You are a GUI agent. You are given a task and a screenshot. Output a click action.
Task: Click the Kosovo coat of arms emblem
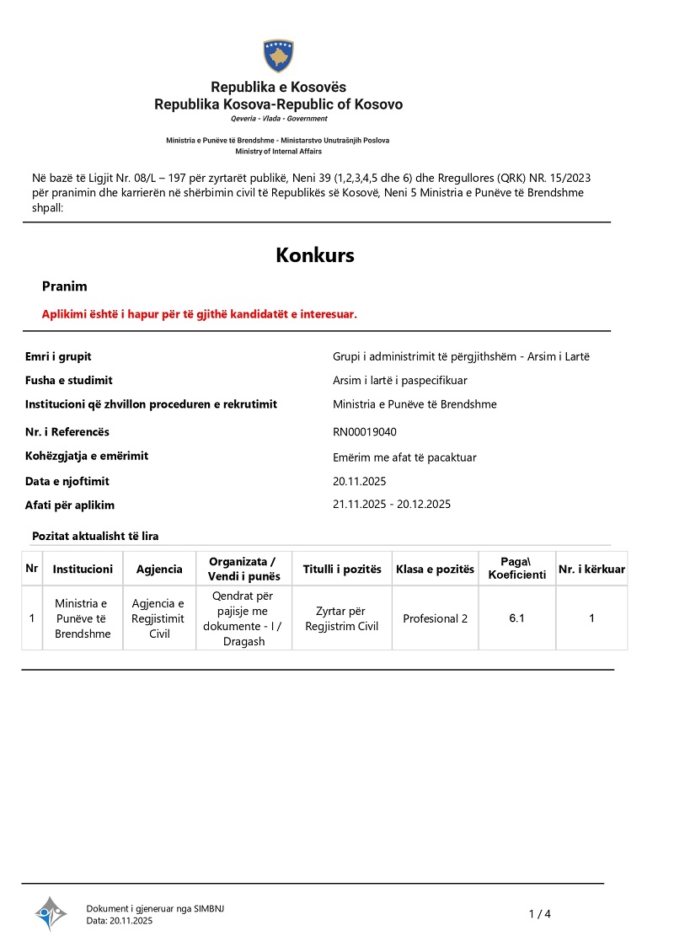coord(278,56)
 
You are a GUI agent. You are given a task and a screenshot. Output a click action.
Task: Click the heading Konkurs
coord(315,255)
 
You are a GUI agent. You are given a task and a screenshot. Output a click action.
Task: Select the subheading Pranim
coord(65,286)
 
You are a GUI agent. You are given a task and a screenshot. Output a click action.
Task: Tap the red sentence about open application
coord(200,314)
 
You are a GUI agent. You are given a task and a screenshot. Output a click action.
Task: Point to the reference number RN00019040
coord(365,432)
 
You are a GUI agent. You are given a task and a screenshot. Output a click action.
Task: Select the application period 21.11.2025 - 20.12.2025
coord(392,505)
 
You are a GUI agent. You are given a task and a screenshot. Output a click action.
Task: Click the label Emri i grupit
coord(58,356)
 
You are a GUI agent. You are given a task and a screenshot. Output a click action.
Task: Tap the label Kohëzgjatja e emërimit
coord(87,456)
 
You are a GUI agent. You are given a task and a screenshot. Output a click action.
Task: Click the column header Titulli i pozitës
coord(342,570)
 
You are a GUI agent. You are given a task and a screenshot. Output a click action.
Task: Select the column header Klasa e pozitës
coord(435,570)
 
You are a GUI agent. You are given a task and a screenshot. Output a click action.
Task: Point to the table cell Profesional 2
coord(435,618)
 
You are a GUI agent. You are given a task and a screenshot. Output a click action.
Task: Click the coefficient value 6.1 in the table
coord(516,618)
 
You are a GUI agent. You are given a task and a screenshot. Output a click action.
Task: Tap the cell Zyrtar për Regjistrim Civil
coord(342,618)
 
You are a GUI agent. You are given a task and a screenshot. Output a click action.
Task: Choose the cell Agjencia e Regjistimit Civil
coord(159,618)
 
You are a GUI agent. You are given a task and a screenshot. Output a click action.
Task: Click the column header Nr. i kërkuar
coord(591,570)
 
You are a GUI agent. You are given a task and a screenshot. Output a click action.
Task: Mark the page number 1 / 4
coord(539,914)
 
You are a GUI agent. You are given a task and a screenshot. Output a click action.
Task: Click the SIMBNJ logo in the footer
coord(51,913)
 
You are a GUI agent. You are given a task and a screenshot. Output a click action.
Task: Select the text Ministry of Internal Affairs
coord(278,152)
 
